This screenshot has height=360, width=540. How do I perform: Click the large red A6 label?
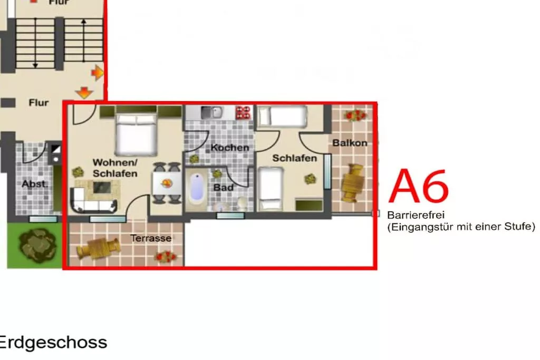pos(419,186)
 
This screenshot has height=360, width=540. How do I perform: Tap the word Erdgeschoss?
pos(53,343)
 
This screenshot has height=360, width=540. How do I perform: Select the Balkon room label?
pos(350,143)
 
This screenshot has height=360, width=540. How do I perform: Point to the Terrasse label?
pos(151,238)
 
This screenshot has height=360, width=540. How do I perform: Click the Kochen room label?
pos(230,148)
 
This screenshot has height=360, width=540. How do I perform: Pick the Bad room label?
pos(224,188)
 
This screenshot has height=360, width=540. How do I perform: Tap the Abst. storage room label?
pos(35,184)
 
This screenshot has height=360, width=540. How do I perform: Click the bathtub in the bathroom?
pos(197,187)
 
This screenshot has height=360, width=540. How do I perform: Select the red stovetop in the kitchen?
pos(243,113)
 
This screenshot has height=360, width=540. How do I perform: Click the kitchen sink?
pos(211,112)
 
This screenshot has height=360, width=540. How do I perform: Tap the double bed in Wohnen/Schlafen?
pos(137,134)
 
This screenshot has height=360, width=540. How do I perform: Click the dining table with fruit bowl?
pos(167,183)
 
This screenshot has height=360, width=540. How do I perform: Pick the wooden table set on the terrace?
pos(98,248)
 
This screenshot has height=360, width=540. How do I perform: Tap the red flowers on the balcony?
pos(355,115)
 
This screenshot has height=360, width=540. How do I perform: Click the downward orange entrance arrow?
pos(84,93)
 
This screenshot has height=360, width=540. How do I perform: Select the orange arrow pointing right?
pos(97,73)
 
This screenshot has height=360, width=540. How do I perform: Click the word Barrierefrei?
pos(416,215)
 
